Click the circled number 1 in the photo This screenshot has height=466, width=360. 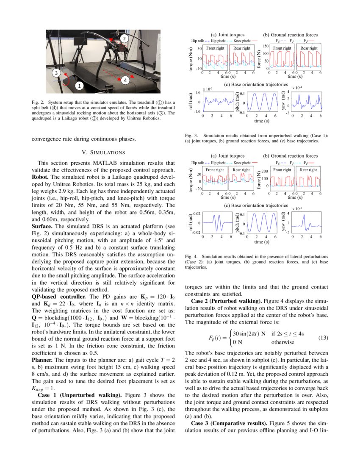79,86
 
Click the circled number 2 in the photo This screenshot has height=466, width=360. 124,39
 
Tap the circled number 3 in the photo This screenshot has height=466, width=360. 56,72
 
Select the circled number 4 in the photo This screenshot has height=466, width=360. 125,80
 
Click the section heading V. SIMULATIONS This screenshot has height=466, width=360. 104,152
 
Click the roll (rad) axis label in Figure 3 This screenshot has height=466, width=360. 190,102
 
